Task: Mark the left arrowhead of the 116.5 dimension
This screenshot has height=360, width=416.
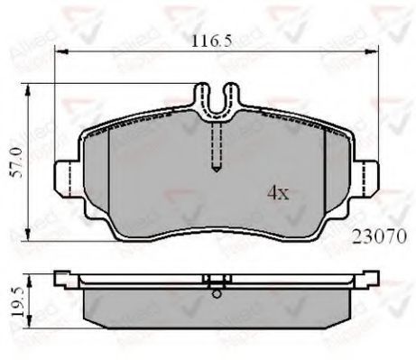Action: pos(58,51)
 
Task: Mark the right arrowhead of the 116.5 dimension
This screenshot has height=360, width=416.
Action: pos(369,51)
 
